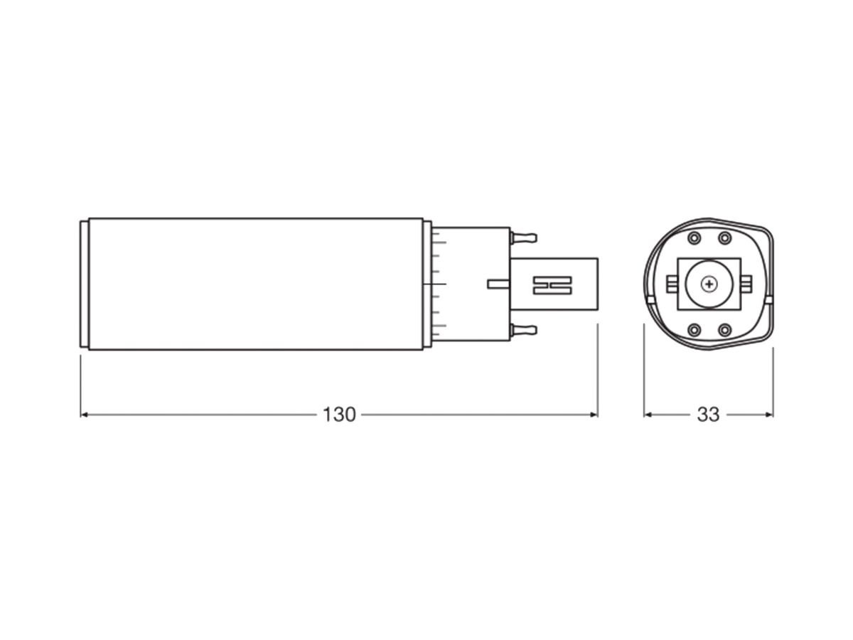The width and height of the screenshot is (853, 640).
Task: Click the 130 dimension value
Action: tap(339, 415)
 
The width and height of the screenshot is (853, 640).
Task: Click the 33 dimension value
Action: tap(708, 415)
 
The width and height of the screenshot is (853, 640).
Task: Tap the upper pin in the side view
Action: tap(523, 237)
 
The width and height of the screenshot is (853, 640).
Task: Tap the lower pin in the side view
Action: tap(523, 330)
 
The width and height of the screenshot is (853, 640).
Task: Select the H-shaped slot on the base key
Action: tap(552, 286)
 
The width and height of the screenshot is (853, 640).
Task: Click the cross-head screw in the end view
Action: tap(709, 284)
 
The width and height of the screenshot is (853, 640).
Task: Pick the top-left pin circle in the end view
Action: tap(694, 238)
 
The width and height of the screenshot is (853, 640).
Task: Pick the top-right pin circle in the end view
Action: tap(724, 238)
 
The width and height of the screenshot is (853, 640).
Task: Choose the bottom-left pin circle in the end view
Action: tap(694, 330)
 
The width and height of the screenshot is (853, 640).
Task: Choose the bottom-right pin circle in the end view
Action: tap(724, 330)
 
